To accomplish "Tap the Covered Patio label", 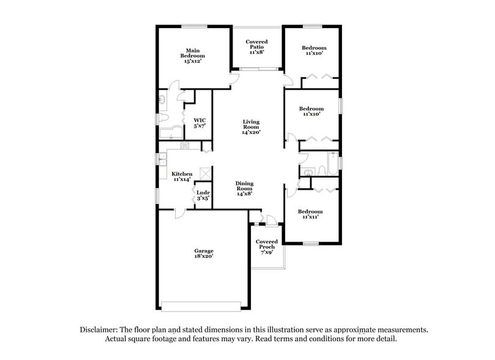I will pyautogui.click(x=256, y=47).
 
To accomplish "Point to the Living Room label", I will pyautogui.click(x=251, y=126).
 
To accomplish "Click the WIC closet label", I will pyautogui.click(x=199, y=122).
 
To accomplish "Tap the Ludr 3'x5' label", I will pyautogui.click(x=203, y=195).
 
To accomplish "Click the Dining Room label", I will pyautogui.click(x=245, y=188).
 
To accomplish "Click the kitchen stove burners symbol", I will pyautogui.click(x=185, y=146).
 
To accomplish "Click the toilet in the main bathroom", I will pyautogui.click(x=162, y=99).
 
